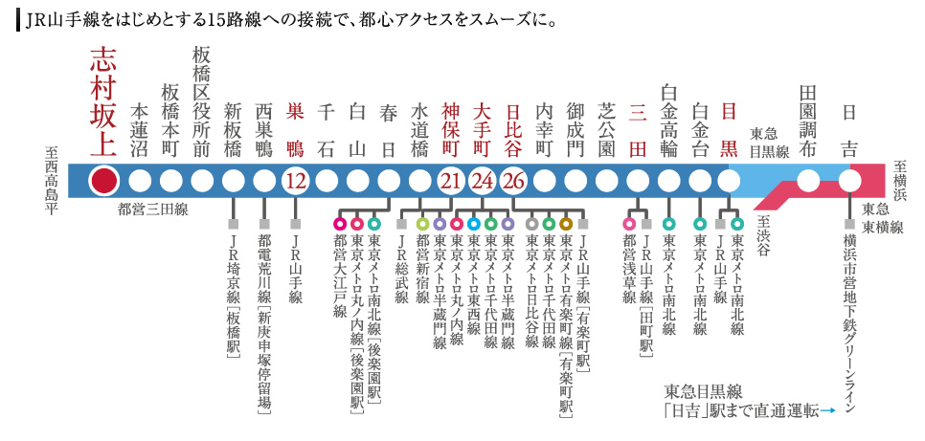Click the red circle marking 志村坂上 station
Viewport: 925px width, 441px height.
[104, 180]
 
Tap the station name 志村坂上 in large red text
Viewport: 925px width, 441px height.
[103, 101]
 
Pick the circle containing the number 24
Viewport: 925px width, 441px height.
[483, 180]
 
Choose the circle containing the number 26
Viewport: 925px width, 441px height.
[513, 180]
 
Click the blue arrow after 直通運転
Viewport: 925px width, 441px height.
[828, 410]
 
